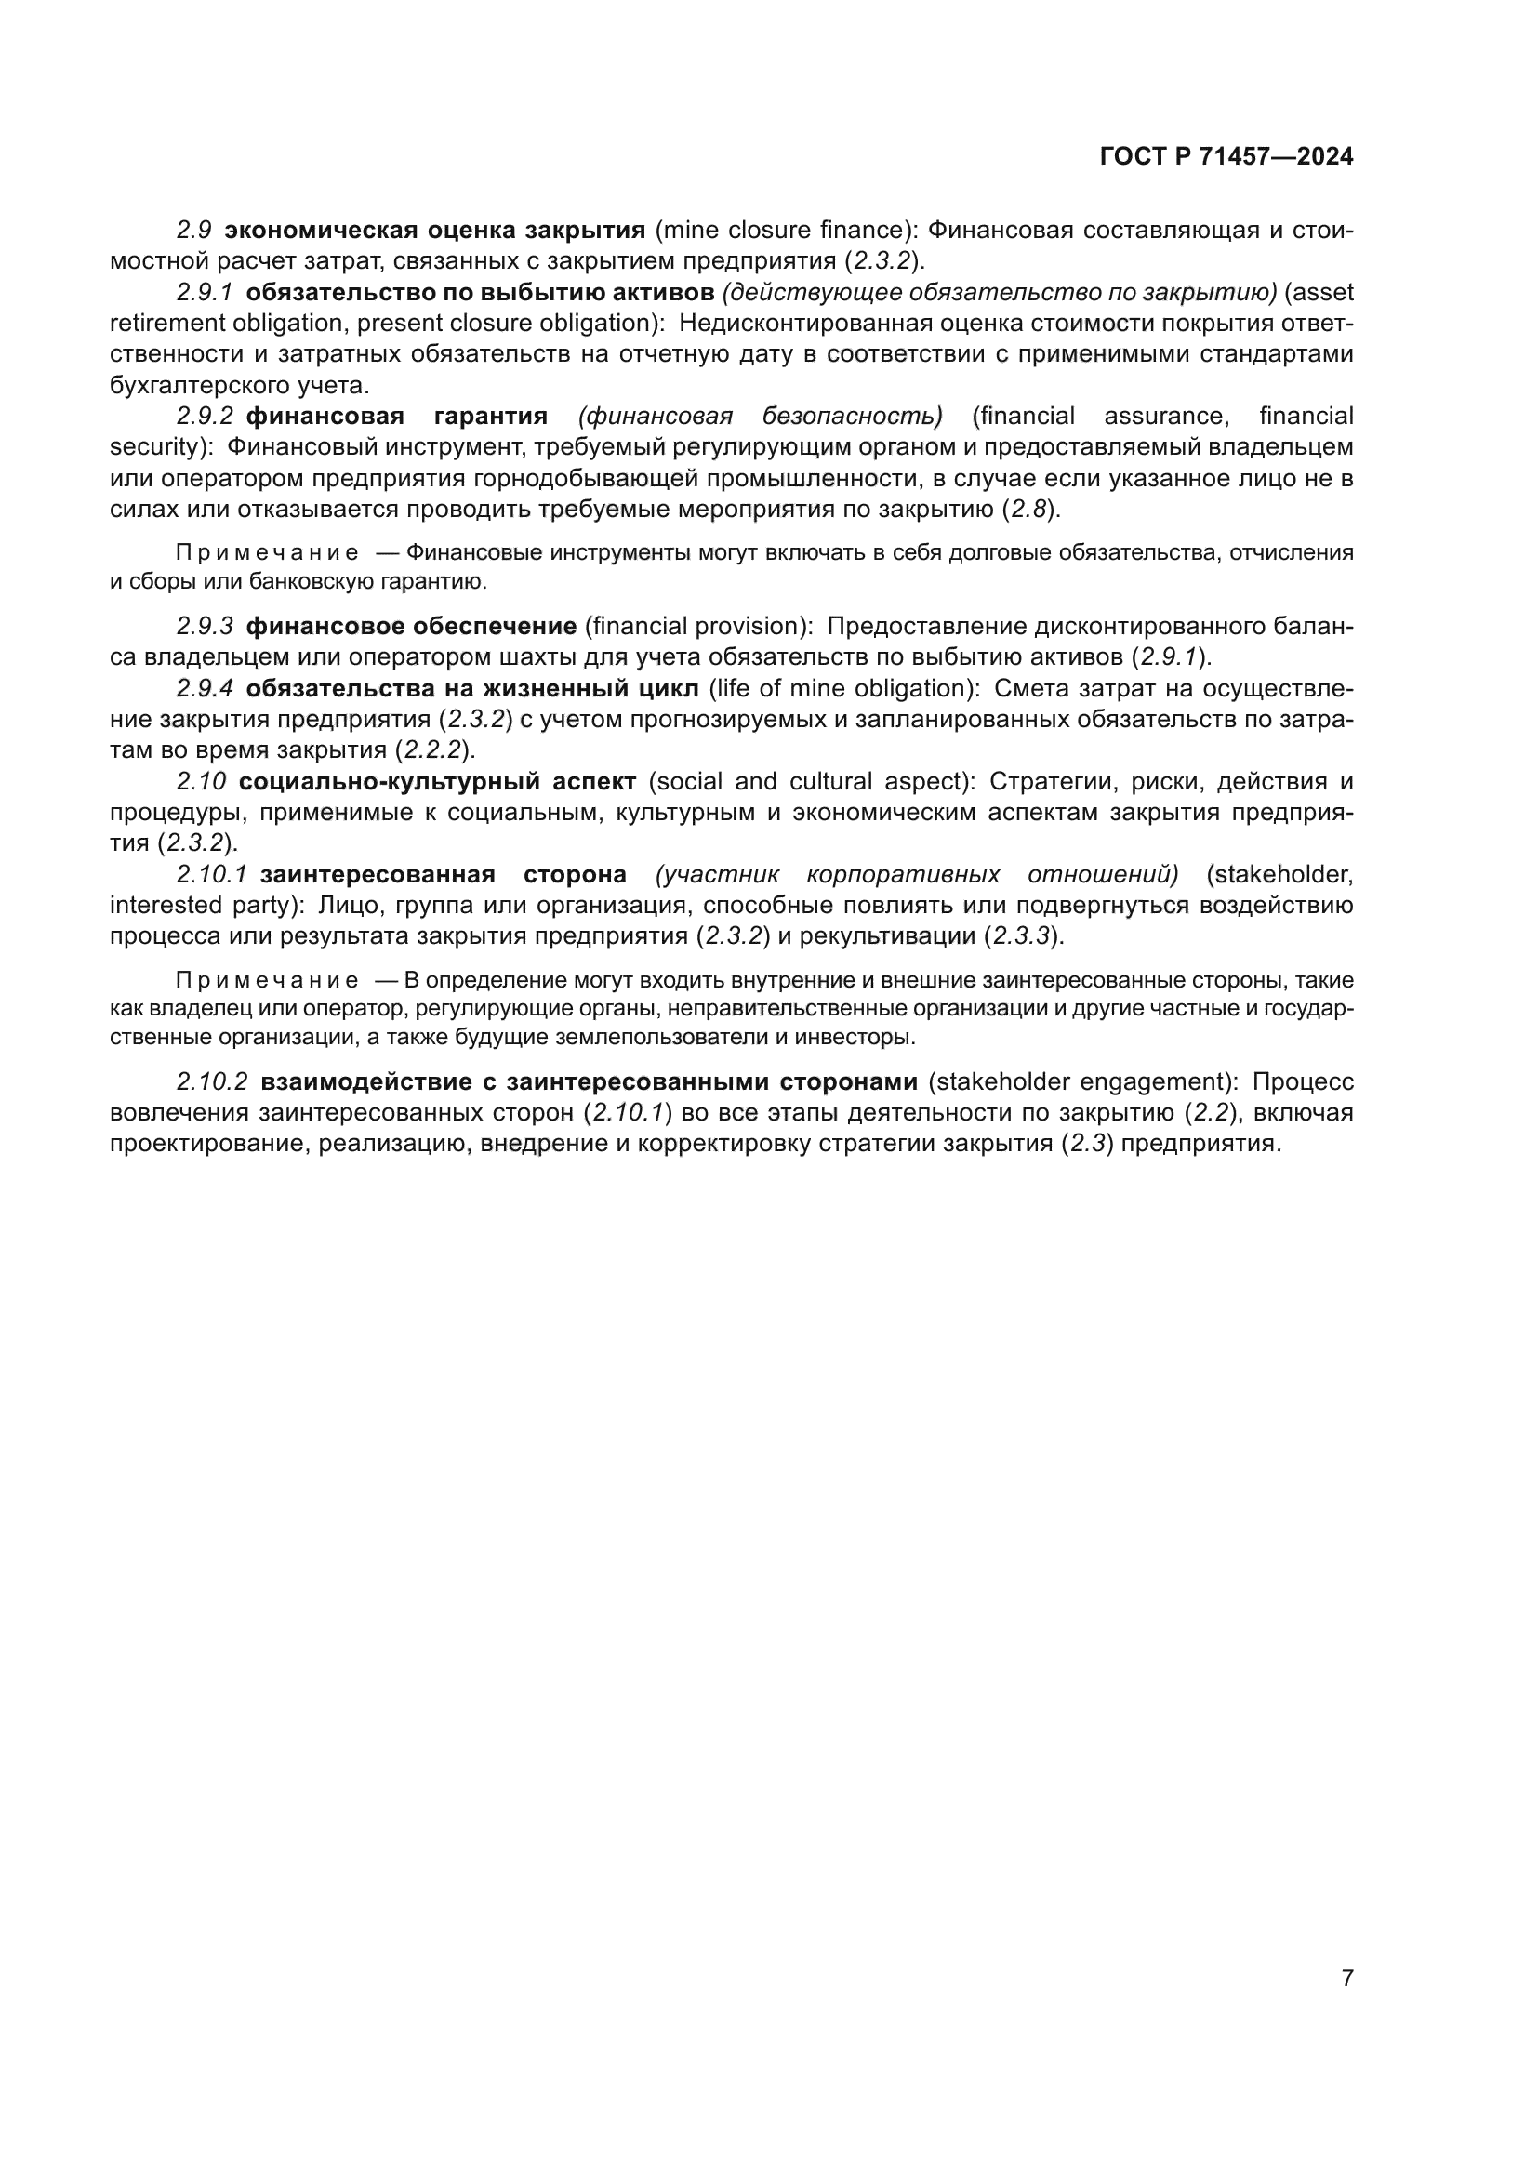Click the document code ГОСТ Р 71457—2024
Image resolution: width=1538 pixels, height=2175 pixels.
(x=1226, y=156)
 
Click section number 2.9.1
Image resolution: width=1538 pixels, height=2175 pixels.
(x=205, y=292)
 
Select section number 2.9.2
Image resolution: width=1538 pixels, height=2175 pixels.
(x=205, y=416)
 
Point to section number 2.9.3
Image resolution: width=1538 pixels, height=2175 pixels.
(x=205, y=626)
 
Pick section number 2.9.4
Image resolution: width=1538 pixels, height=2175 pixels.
(x=205, y=688)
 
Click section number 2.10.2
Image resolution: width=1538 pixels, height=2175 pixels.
(x=212, y=1081)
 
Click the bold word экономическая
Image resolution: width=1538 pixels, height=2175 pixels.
(x=320, y=231)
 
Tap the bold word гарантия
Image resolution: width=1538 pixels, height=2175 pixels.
(x=491, y=416)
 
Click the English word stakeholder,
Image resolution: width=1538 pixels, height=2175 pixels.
(x=1279, y=874)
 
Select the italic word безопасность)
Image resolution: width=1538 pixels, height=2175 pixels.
(x=853, y=416)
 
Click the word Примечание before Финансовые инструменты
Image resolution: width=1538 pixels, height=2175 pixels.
(x=267, y=553)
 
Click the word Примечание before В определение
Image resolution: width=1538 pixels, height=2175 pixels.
(x=267, y=980)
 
